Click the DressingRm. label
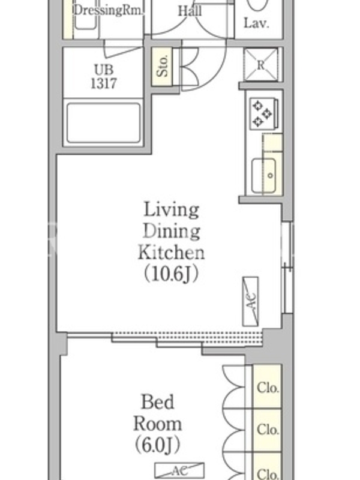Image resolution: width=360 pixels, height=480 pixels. point(109,10)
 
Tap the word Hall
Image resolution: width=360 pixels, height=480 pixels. point(190,11)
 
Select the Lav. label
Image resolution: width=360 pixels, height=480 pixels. point(257,23)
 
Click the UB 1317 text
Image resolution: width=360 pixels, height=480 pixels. point(104,77)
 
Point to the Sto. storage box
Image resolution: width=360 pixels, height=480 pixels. point(162,66)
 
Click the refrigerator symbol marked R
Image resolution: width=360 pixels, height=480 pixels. point(261,65)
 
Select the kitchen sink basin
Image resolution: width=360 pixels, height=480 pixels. point(263,175)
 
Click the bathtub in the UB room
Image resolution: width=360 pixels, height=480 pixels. point(103,123)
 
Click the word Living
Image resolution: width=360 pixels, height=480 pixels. point(172,211)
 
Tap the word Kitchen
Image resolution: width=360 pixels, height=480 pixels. point(171,253)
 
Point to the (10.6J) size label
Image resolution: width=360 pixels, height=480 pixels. point(172,274)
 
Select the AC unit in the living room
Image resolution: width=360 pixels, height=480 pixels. point(250,302)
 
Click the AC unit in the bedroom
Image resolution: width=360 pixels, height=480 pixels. point(179,470)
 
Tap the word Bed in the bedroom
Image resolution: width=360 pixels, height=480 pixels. point(158,402)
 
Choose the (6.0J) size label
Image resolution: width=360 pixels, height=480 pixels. point(157,445)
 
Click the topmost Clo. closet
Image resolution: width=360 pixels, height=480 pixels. point(267,386)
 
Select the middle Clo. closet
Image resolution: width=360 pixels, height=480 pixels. point(267,430)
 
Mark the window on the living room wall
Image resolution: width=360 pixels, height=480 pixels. point(287,267)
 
